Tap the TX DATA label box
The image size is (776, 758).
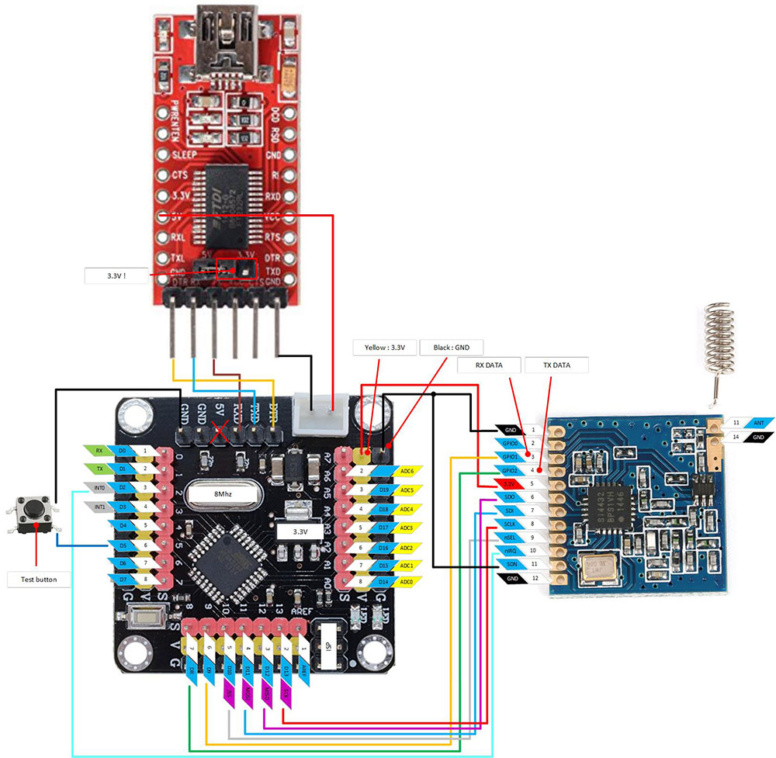click(556, 364)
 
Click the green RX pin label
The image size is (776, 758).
click(99, 450)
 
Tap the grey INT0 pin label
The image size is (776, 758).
click(99, 487)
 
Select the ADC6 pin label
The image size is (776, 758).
click(405, 471)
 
